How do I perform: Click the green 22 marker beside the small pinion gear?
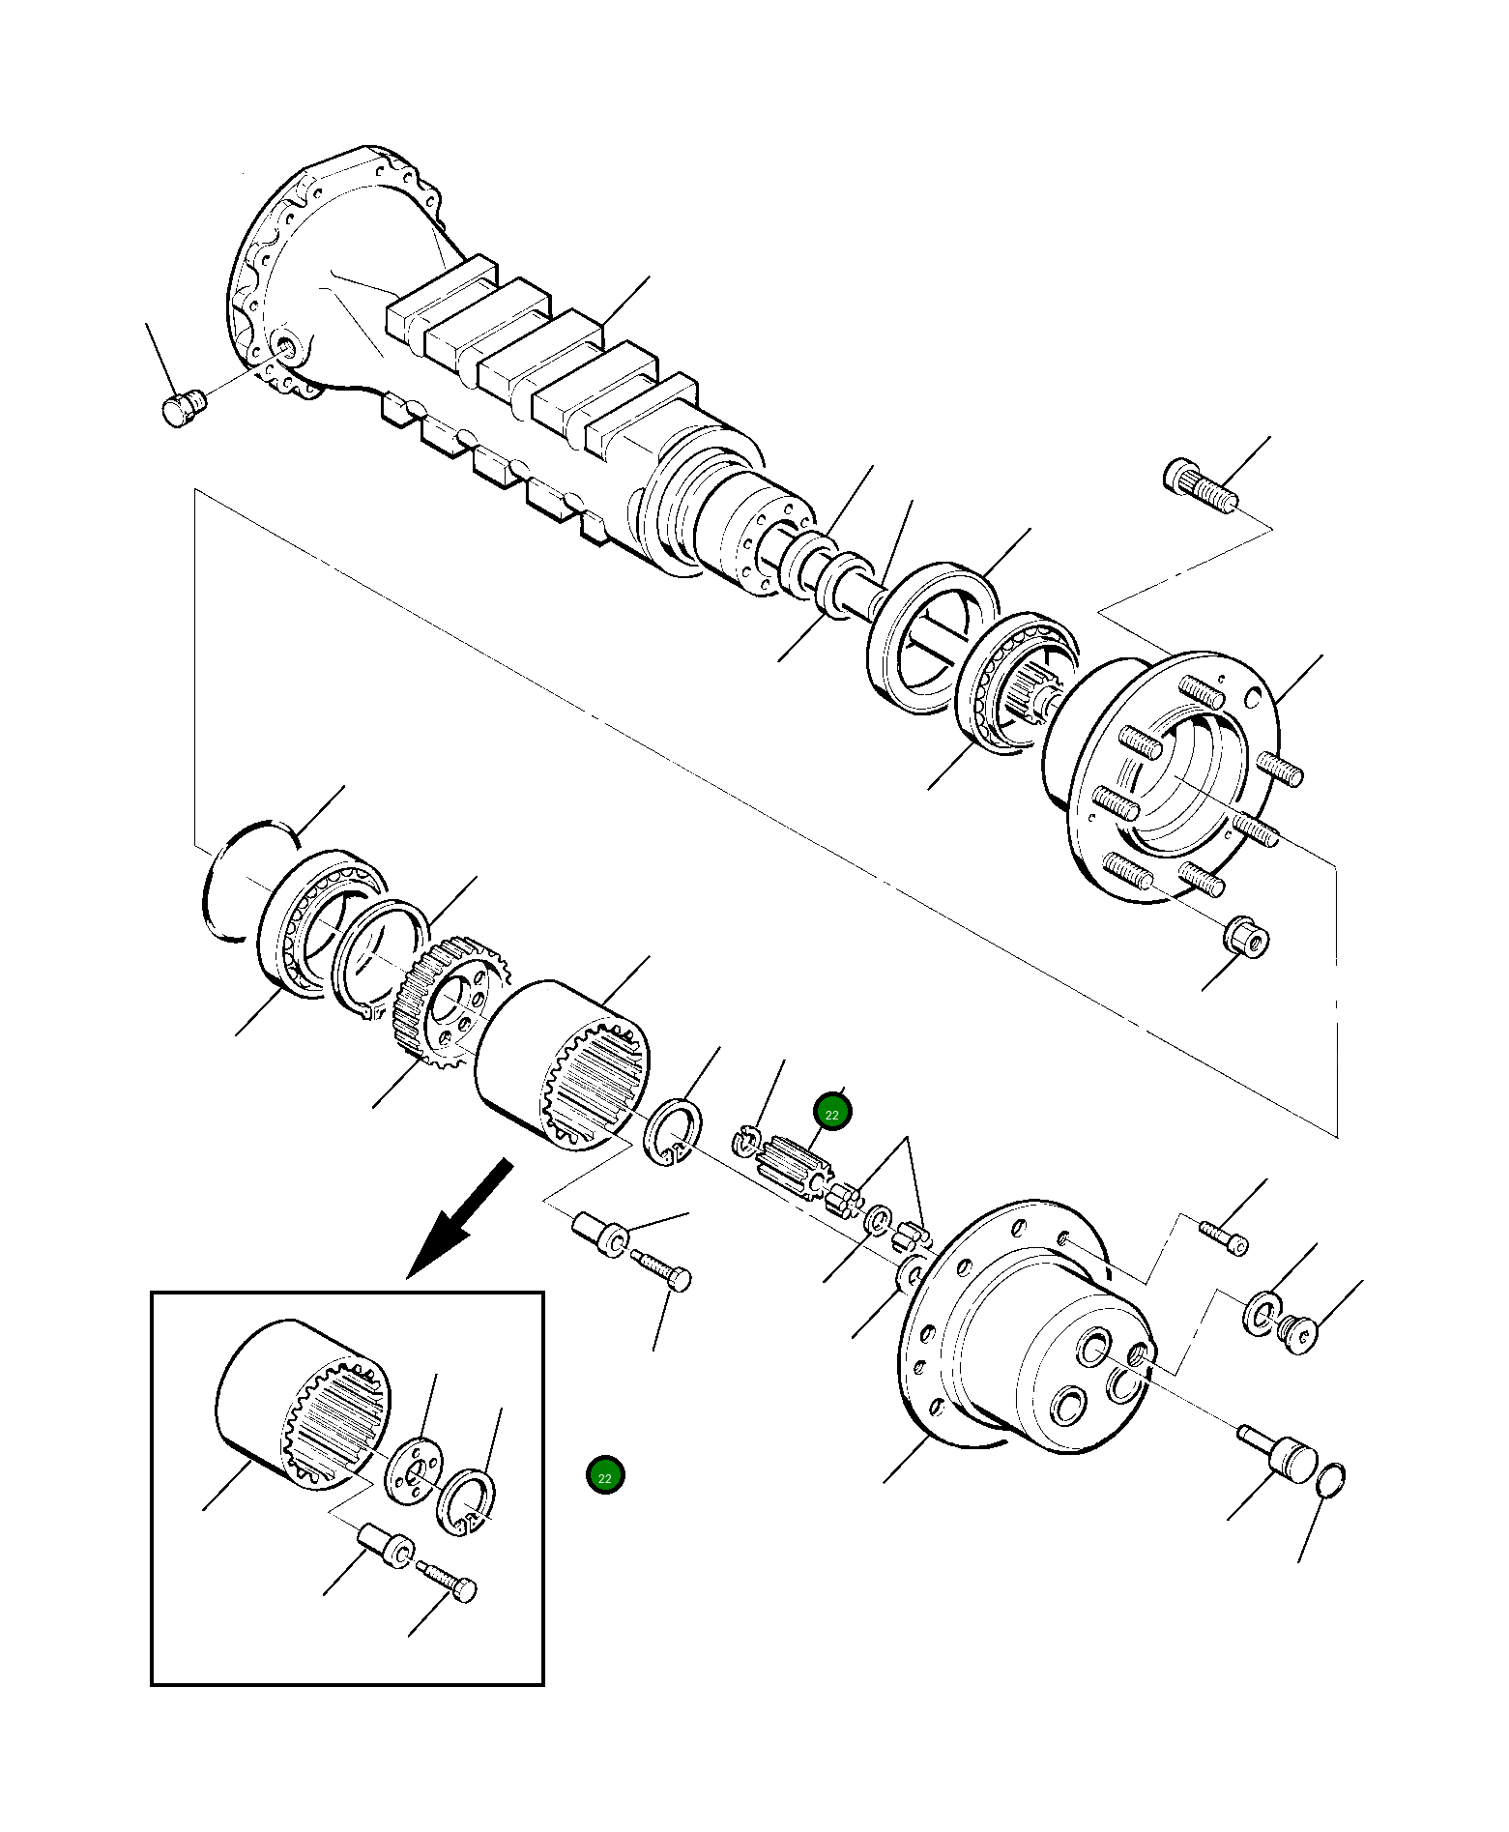point(831,1113)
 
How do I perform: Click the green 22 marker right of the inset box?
point(605,1475)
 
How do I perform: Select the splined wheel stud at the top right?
point(1200,487)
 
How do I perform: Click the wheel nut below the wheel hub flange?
point(1248,937)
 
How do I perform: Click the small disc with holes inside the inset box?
point(415,1471)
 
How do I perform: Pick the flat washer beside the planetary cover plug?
point(1261,1313)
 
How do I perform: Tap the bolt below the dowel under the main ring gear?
point(663,1270)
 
